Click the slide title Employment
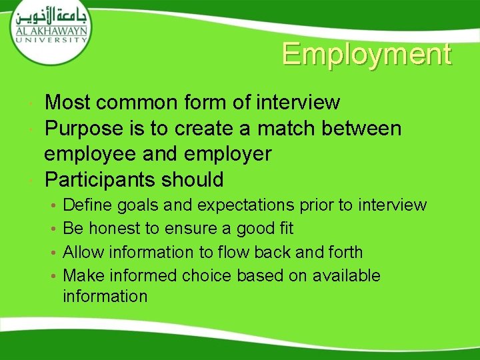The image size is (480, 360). pyautogui.click(x=366, y=54)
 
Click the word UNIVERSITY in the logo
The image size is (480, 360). pyautogui.click(x=49, y=39)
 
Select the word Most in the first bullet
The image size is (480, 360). pyautogui.click(x=68, y=103)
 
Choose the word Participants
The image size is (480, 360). pyautogui.click(x=98, y=180)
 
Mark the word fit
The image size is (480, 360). pyautogui.click(x=285, y=229)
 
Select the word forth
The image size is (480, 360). pyautogui.click(x=345, y=252)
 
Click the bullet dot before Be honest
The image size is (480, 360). pyautogui.click(x=53, y=229)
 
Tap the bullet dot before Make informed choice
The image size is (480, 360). pyautogui.click(x=53, y=276)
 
